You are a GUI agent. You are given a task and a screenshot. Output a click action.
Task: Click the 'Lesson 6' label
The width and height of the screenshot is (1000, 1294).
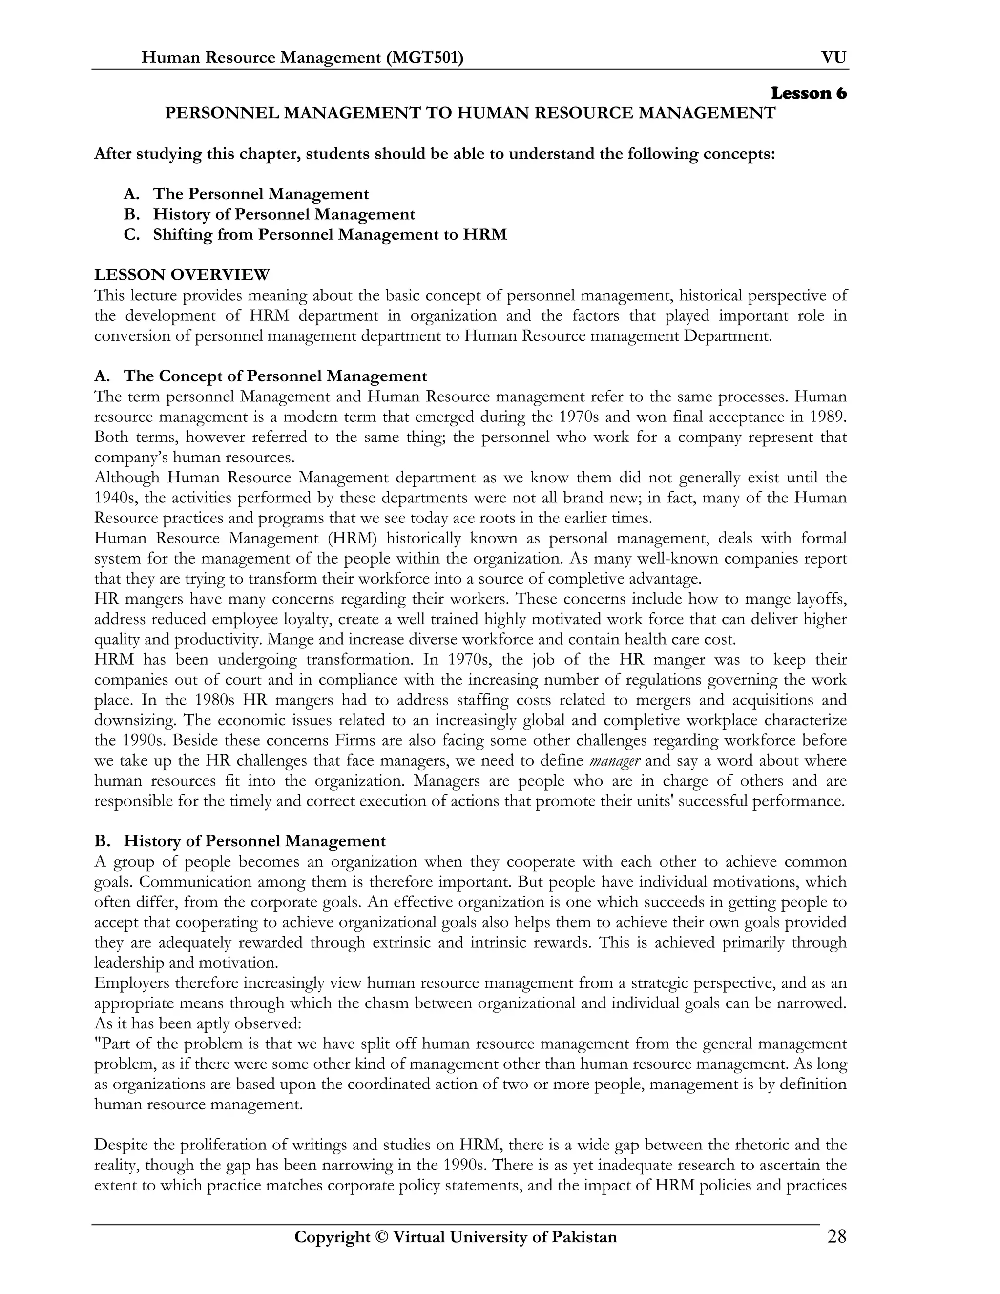(x=808, y=94)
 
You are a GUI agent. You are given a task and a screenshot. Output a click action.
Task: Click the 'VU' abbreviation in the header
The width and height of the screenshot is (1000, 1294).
(x=833, y=58)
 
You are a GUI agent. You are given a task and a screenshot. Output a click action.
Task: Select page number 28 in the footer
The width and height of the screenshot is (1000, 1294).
(x=836, y=1237)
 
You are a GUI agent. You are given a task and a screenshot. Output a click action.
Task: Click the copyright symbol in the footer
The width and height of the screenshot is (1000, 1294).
(x=379, y=1238)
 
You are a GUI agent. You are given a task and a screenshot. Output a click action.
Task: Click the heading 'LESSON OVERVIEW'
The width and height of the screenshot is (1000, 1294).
(x=182, y=275)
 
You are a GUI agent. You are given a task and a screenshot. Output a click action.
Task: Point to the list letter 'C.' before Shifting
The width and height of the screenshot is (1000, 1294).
(x=131, y=234)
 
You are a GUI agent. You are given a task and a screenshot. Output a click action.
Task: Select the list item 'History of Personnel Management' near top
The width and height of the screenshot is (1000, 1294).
(x=284, y=214)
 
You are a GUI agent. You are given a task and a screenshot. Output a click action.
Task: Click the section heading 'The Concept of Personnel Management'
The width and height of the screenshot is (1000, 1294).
(x=275, y=376)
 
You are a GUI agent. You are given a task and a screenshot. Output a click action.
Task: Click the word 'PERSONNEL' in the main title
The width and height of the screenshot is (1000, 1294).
(x=221, y=113)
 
